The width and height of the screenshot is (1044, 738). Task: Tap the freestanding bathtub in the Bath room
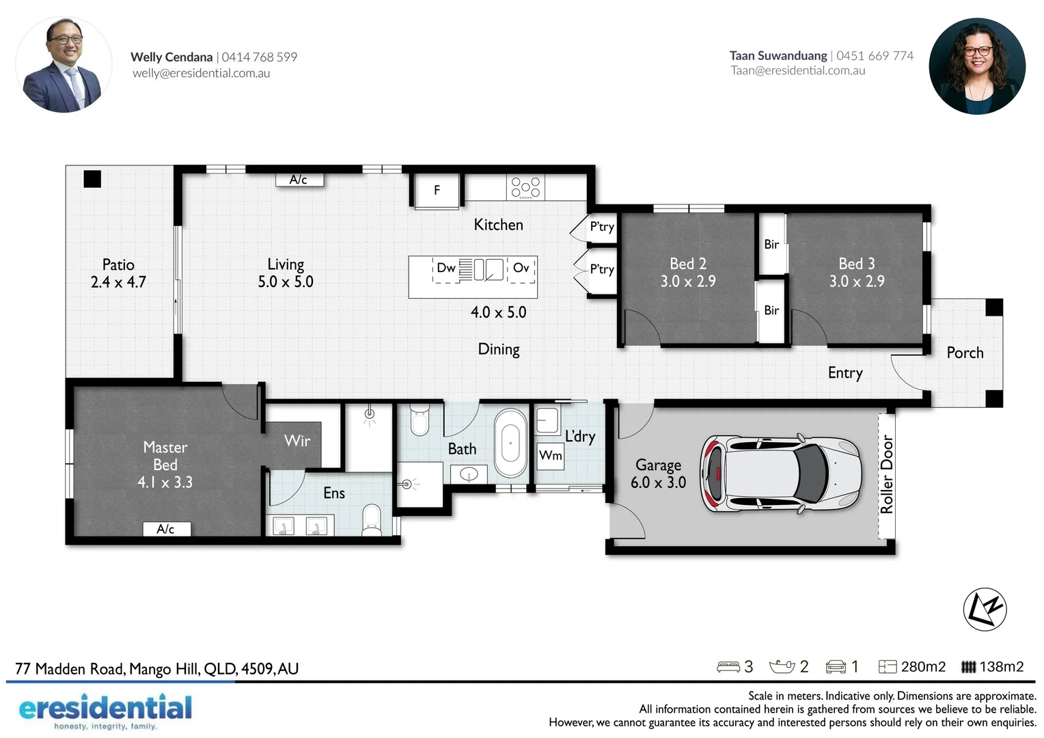point(510,443)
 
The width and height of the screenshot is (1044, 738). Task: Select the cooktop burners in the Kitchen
point(525,187)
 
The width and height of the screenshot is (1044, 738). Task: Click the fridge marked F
point(437,191)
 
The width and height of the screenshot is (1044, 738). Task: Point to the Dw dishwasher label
point(445,268)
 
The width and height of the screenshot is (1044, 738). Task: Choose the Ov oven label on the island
point(521,268)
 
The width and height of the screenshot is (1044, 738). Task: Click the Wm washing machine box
point(551,455)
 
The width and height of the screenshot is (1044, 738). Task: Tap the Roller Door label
point(886,474)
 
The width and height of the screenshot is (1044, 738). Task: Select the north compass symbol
point(985,609)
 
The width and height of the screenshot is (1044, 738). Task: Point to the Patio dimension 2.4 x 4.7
point(118,282)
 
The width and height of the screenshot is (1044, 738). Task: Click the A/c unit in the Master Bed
point(166,529)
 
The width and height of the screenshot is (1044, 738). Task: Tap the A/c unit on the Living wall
point(299,180)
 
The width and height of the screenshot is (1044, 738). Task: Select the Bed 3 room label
point(856,264)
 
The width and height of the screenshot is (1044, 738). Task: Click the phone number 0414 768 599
point(260,57)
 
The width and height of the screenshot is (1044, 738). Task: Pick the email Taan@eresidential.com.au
point(797,70)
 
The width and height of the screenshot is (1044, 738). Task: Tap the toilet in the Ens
point(371,520)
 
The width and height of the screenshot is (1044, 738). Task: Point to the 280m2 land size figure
point(923,666)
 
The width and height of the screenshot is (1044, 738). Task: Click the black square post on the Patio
point(92,179)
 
